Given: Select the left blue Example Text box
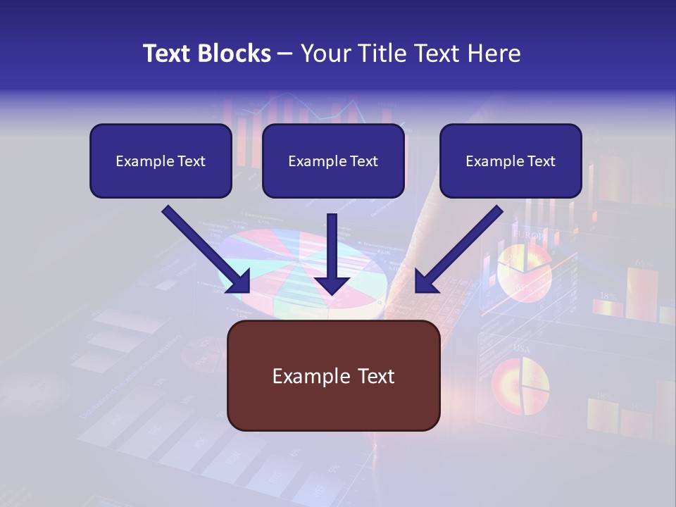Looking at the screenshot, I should [161, 161].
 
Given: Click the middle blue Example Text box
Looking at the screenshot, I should [333, 161].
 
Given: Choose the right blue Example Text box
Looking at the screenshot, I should [511, 161].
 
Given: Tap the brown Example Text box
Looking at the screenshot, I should [333, 376].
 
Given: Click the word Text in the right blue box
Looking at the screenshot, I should [540, 161].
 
